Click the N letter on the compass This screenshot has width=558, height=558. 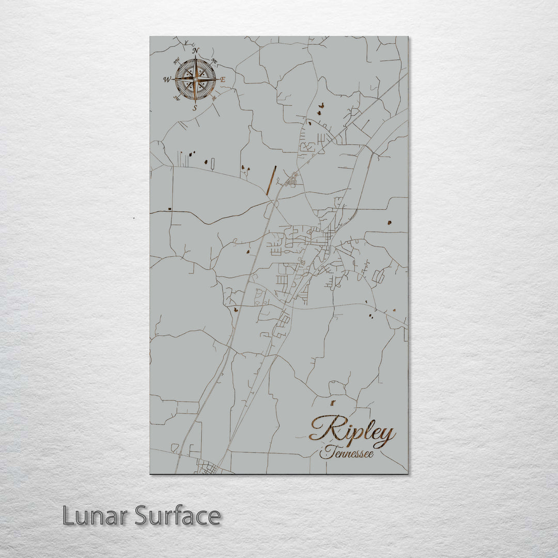195,50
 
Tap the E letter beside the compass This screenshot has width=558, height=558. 223,80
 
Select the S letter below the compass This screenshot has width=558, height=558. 195,108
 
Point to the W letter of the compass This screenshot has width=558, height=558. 167,80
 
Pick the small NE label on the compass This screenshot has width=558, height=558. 214,62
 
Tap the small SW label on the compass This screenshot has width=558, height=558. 177,98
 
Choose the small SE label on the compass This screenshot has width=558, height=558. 214,98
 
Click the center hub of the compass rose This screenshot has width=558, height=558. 195,79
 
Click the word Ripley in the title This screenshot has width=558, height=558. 352,432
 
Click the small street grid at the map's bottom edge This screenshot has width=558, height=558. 209,470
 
